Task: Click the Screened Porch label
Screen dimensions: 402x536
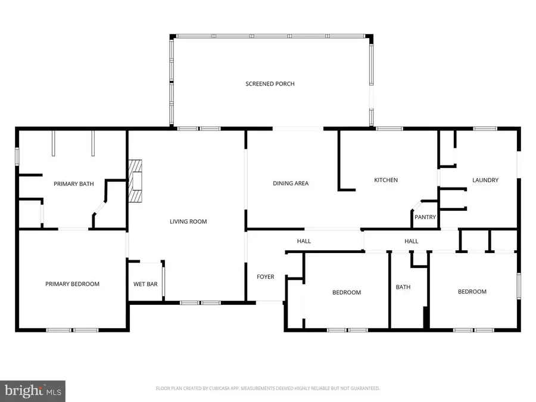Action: click(270, 84)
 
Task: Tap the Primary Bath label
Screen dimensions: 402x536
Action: click(74, 184)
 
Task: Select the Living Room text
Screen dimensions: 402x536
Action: click(188, 222)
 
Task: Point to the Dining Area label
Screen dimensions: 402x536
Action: click(291, 183)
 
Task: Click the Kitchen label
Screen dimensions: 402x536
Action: click(385, 180)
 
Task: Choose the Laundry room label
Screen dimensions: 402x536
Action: click(485, 180)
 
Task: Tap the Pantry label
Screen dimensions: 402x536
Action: click(425, 217)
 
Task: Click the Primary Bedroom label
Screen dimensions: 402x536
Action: click(72, 284)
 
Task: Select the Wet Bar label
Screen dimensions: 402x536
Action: click(145, 284)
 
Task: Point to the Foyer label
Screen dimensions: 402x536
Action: click(265, 276)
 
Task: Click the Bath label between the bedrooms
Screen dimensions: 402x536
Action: click(403, 287)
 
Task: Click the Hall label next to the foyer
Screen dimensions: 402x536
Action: click(304, 241)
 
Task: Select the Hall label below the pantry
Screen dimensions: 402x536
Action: click(411, 241)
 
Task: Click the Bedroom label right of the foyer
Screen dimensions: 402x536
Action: click(347, 292)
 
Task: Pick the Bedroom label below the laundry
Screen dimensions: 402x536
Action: click(472, 292)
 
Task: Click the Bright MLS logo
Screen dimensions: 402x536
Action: click(33, 390)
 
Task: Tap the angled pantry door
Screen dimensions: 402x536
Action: click(417, 205)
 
